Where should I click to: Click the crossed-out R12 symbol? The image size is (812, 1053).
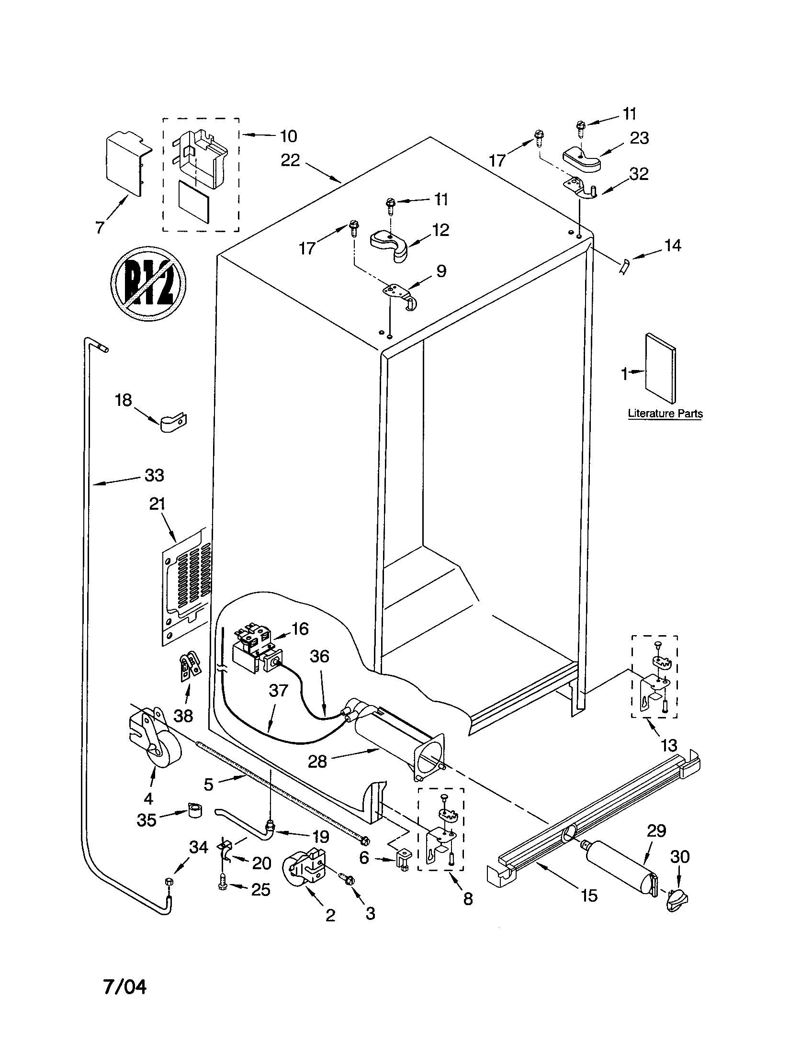pos(148,284)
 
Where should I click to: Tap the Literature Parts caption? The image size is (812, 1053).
pos(665,414)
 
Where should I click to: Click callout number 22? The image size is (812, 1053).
pos(290,160)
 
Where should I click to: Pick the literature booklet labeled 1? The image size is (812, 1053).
pos(661,369)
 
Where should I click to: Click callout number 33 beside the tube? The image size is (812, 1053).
pos(154,475)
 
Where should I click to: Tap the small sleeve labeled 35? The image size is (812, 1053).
pos(194,811)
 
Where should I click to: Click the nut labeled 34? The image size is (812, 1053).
pos(169,881)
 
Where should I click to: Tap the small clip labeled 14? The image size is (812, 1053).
pos(624,266)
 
